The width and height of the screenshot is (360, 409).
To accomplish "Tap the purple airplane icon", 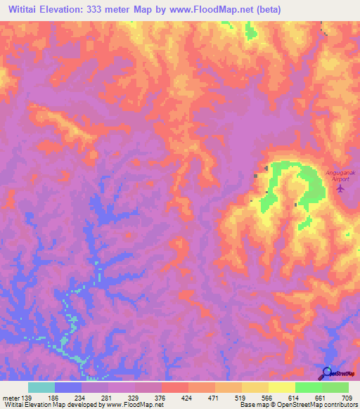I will (x=342, y=188).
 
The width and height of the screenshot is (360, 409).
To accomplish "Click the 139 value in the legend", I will (x=27, y=396).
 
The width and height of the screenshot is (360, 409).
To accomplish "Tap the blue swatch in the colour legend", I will (x=68, y=387).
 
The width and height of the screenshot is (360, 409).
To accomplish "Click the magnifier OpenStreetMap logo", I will (x=327, y=372).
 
